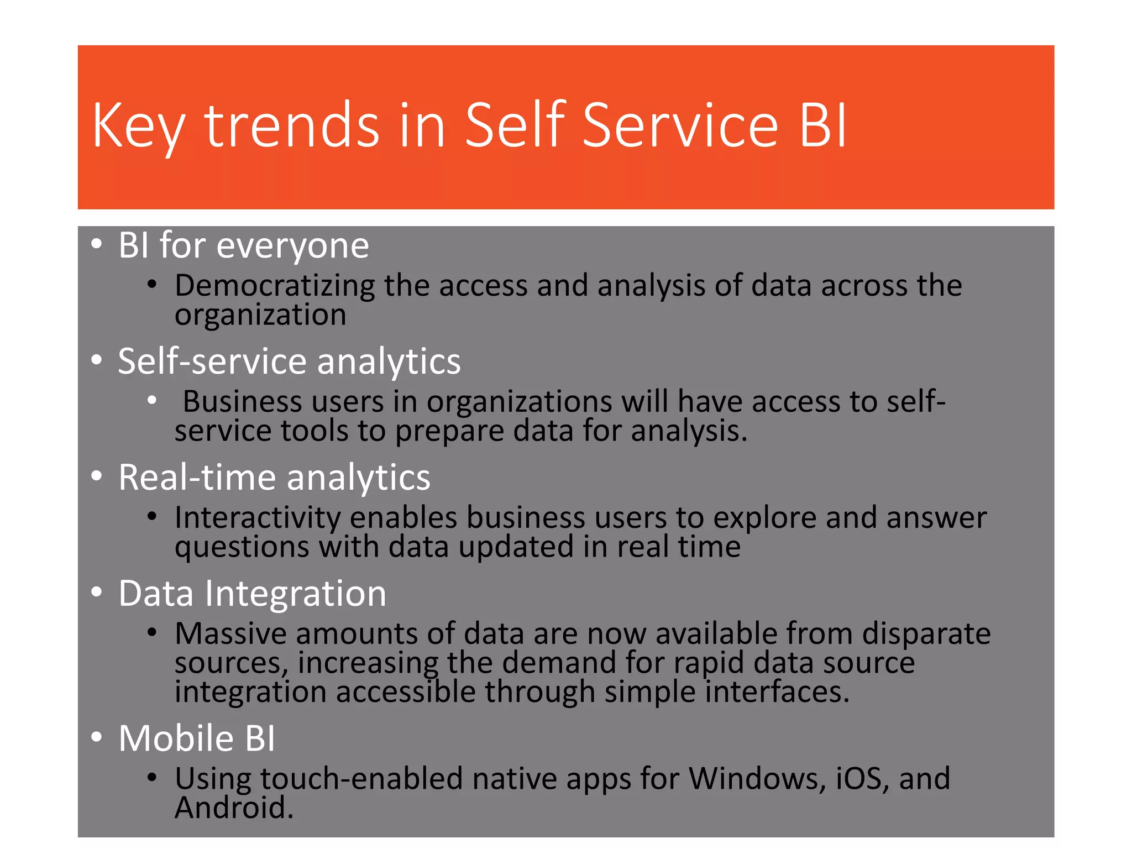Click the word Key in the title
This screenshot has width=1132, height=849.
138,127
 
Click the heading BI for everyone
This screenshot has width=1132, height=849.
243,245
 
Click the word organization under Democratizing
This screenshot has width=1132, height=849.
260,315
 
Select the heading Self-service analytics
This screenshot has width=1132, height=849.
289,361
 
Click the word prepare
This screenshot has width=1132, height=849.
449,432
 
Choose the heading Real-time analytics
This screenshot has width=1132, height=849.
274,478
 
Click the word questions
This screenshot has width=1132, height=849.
242,547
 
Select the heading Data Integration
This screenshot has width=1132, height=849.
252,594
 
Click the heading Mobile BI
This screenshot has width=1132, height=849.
196,738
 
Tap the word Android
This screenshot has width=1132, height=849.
233,808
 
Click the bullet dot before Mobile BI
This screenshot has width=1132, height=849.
97,737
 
